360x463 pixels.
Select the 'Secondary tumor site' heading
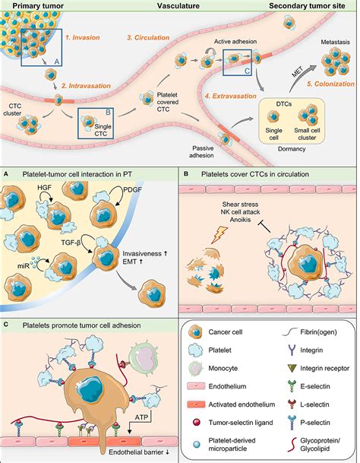pyautogui.click(x=312, y=5)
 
